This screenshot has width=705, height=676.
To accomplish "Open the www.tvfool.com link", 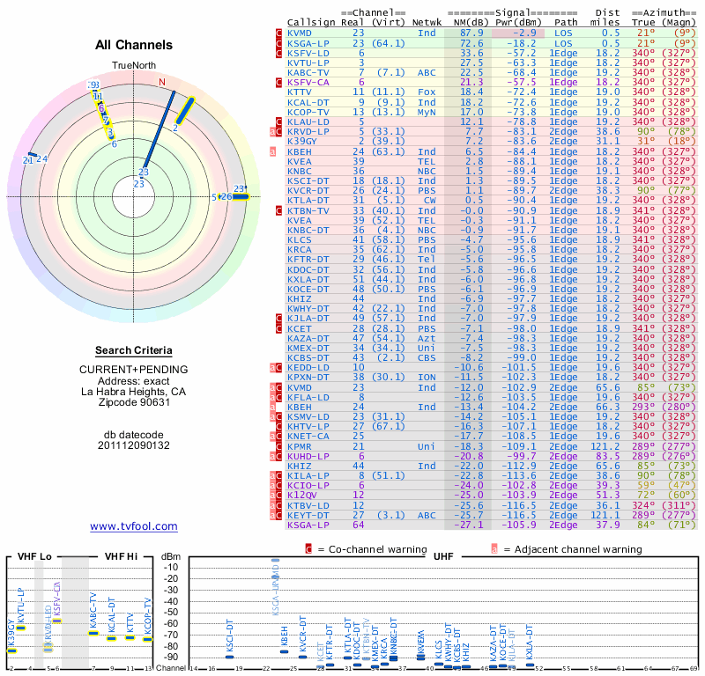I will click(x=134, y=526).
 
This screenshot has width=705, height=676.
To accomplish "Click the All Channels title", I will click(x=134, y=45).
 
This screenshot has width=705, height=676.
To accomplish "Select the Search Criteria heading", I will click(x=134, y=350).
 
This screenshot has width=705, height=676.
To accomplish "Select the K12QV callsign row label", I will click(x=302, y=496).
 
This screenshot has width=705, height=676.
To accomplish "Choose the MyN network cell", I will click(x=427, y=112).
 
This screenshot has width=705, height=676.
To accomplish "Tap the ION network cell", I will click(x=427, y=377).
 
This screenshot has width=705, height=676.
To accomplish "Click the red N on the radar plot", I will click(x=162, y=82).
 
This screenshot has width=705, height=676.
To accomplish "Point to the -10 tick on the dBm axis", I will click(x=170, y=568).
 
